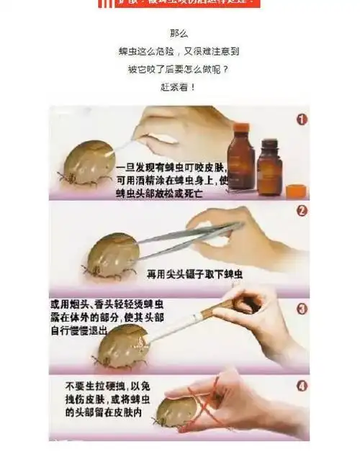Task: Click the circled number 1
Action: pos(301,119)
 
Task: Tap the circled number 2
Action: pos(301,211)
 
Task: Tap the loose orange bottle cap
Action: pos(296,191)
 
